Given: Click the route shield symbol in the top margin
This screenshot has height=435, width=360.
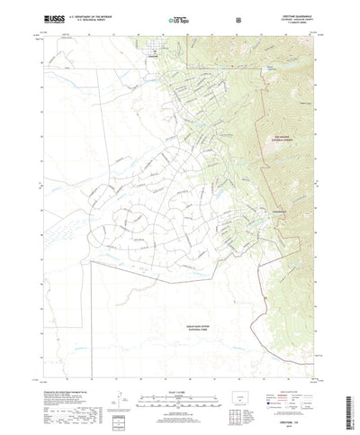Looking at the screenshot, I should pyautogui.click(x=238, y=18).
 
